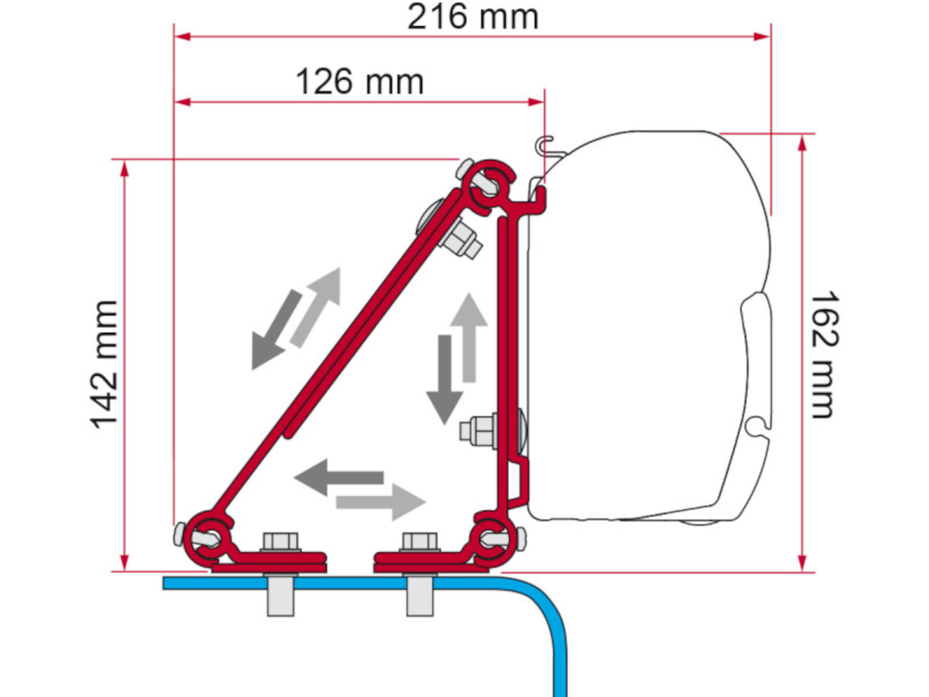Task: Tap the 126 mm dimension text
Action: click(x=360, y=82)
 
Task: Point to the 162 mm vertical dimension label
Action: click(x=824, y=355)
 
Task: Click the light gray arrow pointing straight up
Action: click(x=469, y=337)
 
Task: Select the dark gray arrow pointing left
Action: click(x=339, y=477)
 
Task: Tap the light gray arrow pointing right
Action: click(x=381, y=502)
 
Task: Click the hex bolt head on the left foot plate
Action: click(x=280, y=542)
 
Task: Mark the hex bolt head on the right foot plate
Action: click(x=419, y=542)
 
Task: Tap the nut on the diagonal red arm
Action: click(x=461, y=240)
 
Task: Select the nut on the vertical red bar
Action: click(x=479, y=431)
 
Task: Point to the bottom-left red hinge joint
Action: click(x=207, y=539)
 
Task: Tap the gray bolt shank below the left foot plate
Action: click(x=280, y=595)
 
